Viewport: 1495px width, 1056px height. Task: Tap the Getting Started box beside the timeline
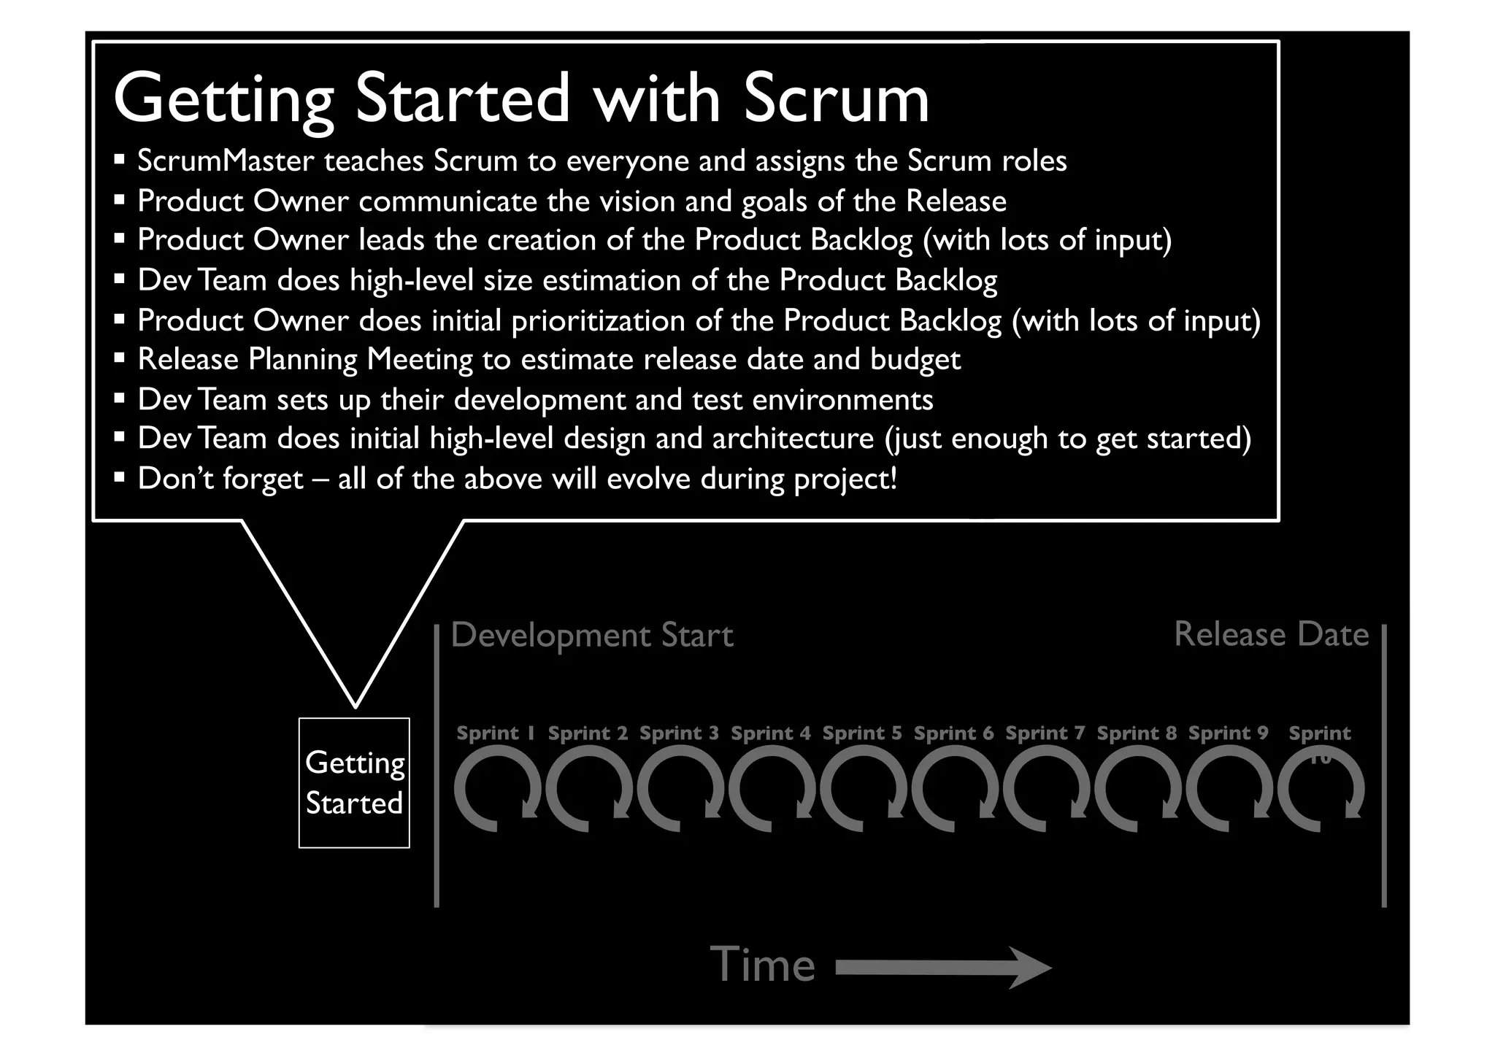tap(354, 782)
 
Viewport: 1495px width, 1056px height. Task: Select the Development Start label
tap(592, 635)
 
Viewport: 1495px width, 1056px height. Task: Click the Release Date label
tap(1271, 634)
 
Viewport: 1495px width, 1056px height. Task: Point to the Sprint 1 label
tap(496, 733)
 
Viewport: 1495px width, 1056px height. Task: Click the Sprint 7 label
tap(1045, 733)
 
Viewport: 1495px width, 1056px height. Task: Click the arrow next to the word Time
tap(944, 968)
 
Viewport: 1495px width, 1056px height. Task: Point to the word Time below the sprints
tap(762, 965)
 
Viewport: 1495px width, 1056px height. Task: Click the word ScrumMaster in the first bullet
tap(226, 161)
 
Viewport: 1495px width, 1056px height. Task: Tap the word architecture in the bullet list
tap(793, 439)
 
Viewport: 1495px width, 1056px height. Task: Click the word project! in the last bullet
tap(845, 479)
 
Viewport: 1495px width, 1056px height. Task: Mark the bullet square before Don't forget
tap(120, 479)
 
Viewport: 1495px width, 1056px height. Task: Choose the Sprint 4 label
tap(771, 733)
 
